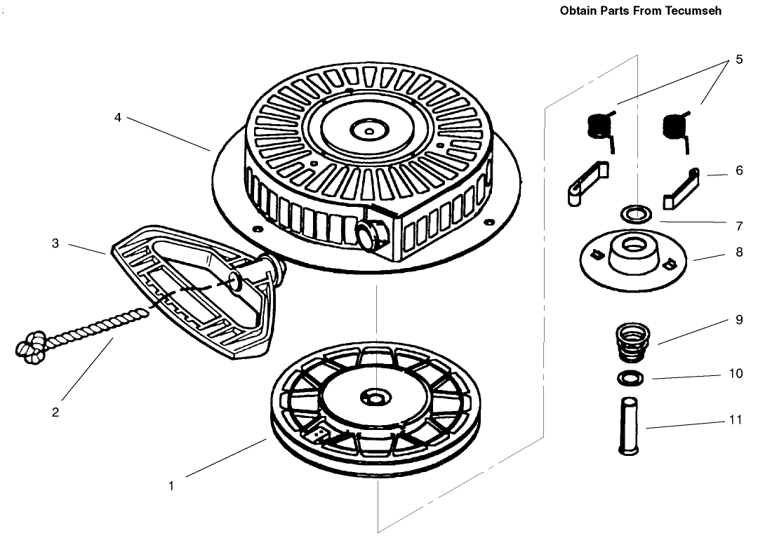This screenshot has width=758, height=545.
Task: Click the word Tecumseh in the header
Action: (693, 11)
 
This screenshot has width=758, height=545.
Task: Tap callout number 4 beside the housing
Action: (117, 117)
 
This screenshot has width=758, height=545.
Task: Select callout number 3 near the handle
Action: (55, 243)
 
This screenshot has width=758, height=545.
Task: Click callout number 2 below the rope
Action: (55, 412)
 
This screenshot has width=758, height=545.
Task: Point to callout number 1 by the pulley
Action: (171, 486)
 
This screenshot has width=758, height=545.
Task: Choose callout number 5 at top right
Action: (739, 60)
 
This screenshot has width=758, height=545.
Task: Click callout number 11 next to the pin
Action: (736, 420)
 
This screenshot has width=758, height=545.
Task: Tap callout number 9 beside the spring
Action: (739, 320)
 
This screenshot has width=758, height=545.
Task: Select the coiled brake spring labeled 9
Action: (632, 342)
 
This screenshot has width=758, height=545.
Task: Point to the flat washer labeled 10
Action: (630, 377)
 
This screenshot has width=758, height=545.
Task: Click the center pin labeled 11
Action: (628, 426)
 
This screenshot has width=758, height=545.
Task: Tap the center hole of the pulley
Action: (375, 398)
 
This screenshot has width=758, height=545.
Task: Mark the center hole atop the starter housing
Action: (369, 130)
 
